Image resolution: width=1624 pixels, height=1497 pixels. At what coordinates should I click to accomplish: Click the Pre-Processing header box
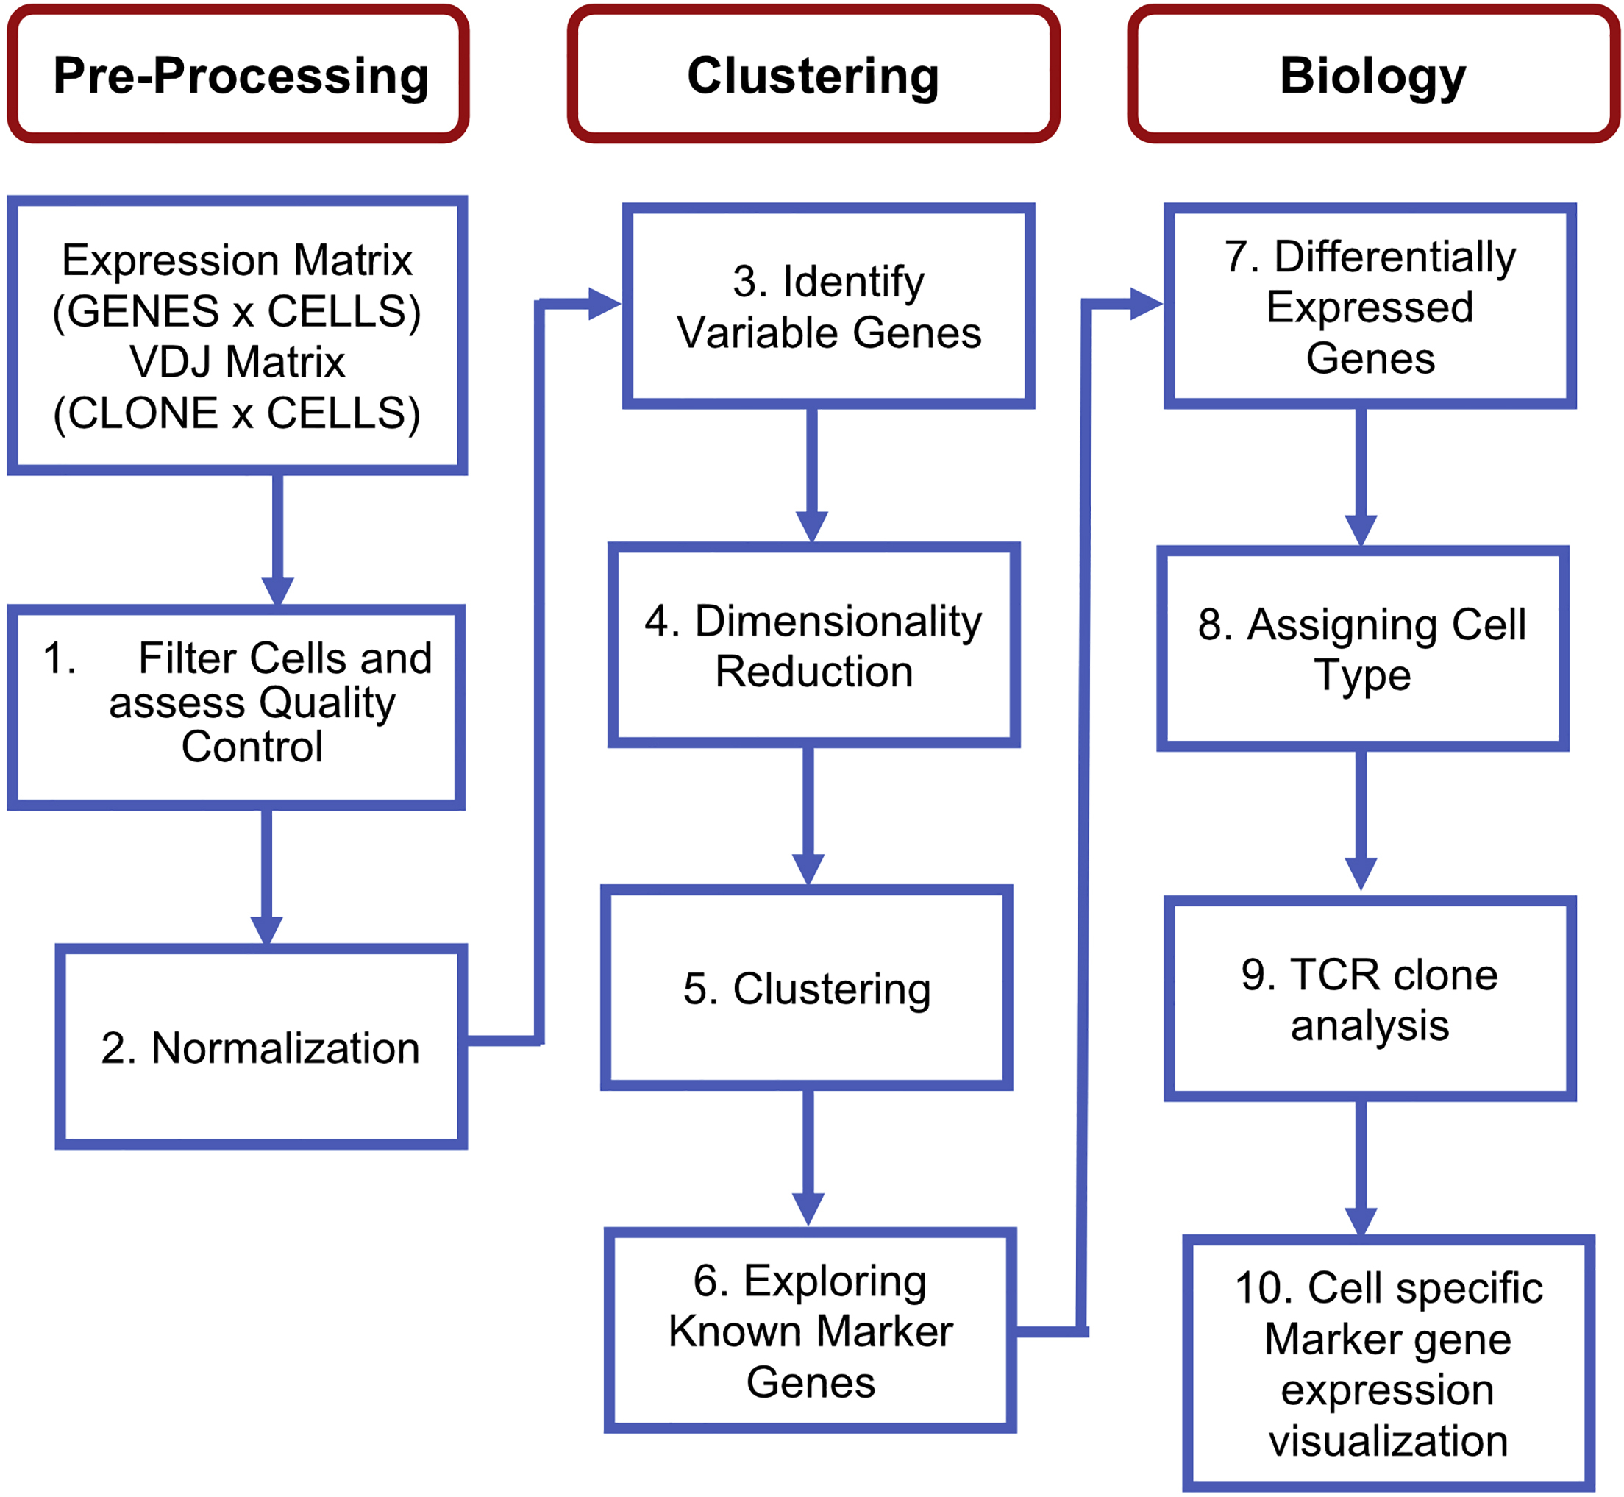coord(238,74)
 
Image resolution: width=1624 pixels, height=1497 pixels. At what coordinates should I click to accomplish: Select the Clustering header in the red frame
coord(813,74)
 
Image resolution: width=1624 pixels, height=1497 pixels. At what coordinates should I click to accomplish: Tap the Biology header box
coord(1372,74)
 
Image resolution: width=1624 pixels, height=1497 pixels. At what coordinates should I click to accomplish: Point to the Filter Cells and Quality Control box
coord(237,706)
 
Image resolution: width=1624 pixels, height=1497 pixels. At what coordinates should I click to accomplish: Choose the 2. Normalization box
coord(261,1048)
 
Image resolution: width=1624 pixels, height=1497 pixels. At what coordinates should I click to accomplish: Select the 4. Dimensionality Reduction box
coord(813,646)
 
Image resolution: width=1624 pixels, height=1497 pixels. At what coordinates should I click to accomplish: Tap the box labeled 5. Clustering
coord(807,988)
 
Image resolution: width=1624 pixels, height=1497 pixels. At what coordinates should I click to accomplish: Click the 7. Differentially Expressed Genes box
coord(1370,306)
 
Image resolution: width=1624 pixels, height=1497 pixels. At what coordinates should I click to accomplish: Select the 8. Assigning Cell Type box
coord(1362,649)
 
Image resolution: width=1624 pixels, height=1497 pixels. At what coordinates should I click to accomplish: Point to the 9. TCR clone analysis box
coord(1370,999)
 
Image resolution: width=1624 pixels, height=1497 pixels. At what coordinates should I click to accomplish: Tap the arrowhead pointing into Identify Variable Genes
coord(602,304)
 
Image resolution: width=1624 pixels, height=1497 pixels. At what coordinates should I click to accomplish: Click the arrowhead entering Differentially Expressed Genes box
coord(1144,304)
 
